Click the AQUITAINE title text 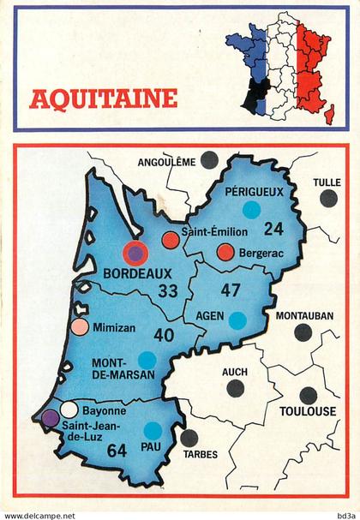[104, 99]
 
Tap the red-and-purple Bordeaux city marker [135, 253]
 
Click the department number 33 [168, 291]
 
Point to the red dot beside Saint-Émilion [171, 240]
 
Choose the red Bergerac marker [225, 252]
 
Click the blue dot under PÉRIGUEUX [251, 209]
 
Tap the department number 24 [273, 229]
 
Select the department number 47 [231, 290]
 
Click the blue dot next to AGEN [237, 320]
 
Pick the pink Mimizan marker [80, 326]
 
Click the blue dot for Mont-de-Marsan [147, 360]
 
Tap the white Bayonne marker [69, 409]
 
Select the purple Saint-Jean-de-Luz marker [51, 418]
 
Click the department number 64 [117, 450]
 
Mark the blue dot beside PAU [153, 430]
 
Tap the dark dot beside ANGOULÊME [208, 158]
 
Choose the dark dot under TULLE [328, 198]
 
